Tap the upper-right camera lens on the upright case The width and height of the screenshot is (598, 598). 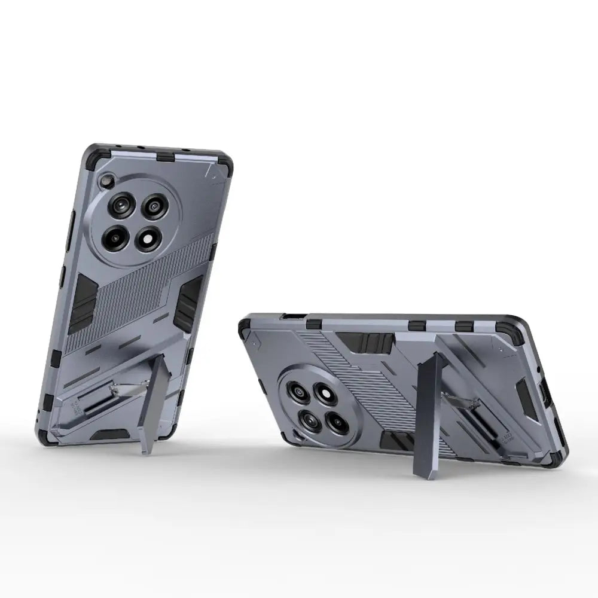pyautogui.click(x=155, y=208)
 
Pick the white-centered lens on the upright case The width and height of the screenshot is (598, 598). pyautogui.click(x=147, y=239)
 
